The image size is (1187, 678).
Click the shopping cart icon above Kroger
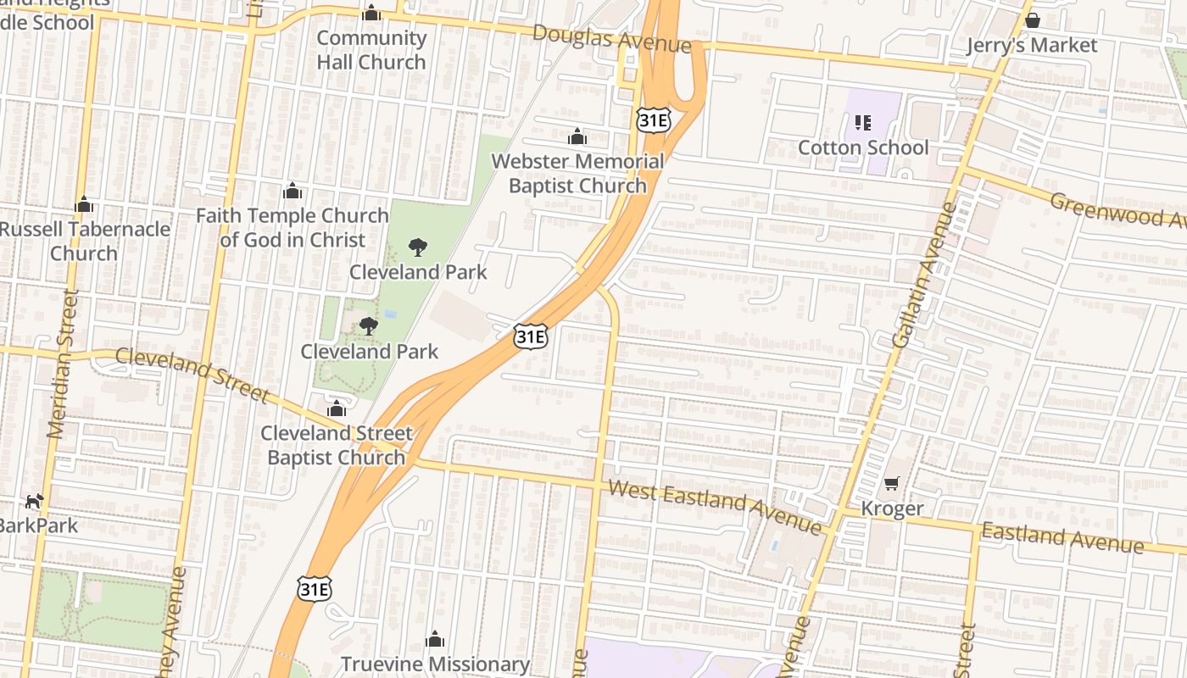coord(891,483)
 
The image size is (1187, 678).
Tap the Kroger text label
coord(892,508)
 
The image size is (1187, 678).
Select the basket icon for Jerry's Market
coord(1032,20)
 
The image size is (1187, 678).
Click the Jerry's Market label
coord(1032,45)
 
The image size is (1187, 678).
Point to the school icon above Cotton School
coord(863,123)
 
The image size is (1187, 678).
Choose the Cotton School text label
coord(863,147)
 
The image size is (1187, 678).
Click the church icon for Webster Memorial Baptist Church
coord(577,136)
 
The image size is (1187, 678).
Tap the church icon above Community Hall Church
coord(371,14)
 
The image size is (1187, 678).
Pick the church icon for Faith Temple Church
coord(293,191)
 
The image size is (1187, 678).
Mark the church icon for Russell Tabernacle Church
coord(83,204)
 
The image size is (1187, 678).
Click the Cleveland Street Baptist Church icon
coord(337,408)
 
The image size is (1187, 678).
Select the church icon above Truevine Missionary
coord(435,639)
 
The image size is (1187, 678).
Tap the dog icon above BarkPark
coord(34,501)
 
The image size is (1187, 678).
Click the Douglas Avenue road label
coord(611,38)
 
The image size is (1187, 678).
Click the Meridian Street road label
coord(63,364)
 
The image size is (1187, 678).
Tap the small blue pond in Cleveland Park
coord(389,314)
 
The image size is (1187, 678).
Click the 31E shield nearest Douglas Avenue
coord(653,120)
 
